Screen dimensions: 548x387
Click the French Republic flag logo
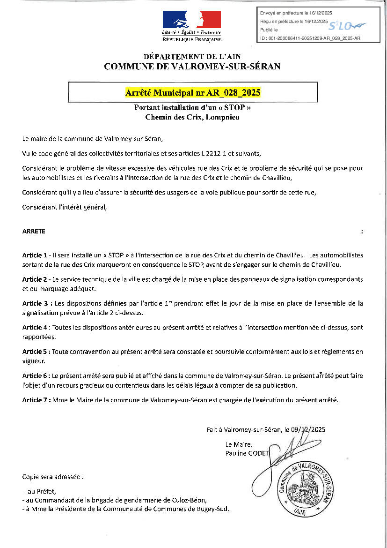(x=191, y=20)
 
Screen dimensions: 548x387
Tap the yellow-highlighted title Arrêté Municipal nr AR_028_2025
(x=192, y=92)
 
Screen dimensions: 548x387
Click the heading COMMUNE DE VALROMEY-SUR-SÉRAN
(x=192, y=67)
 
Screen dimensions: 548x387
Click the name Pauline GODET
(x=247, y=453)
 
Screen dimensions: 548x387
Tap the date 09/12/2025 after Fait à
(x=308, y=429)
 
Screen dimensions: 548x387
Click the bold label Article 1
(x=34, y=255)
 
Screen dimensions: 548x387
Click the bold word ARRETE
(x=34, y=232)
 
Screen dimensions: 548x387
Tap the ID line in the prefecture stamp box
(x=310, y=38)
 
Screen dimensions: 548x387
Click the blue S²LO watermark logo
(x=347, y=25)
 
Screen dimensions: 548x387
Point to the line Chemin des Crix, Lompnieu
(x=192, y=117)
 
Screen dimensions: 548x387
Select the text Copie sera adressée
(x=52, y=477)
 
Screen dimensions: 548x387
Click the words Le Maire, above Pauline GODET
(x=239, y=444)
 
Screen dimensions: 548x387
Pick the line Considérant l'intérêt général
(x=65, y=207)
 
